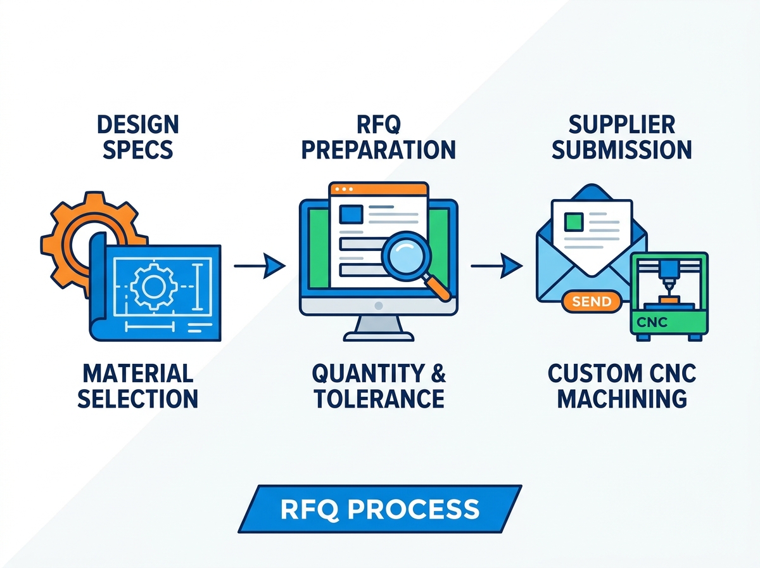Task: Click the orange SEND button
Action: coord(592,302)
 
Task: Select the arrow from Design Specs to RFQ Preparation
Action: coord(260,266)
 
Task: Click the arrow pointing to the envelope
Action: coord(497,266)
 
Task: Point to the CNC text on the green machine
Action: coord(652,322)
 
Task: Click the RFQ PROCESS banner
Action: coord(380,509)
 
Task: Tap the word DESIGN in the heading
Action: coord(138,124)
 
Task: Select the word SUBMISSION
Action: coord(622,150)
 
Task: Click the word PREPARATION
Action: coord(379,150)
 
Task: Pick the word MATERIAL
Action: coord(138,373)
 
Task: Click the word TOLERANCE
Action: coord(379,399)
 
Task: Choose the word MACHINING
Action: coord(622,399)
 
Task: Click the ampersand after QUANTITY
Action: coord(438,373)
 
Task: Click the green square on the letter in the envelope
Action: coord(574,222)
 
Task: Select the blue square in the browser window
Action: coord(351,214)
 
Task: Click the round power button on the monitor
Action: coord(379,306)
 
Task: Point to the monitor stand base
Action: coord(379,337)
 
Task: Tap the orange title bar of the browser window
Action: coord(379,189)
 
